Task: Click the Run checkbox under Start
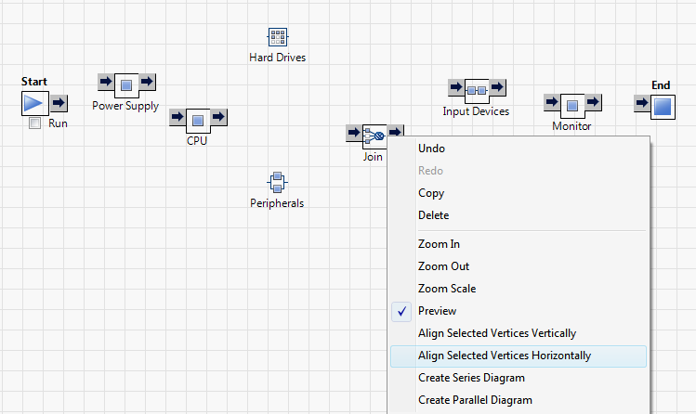(x=35, y=123)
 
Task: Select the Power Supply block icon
(x=127, y=86)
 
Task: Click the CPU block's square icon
(x=198, y=120)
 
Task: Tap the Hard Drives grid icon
(x=277, y=37)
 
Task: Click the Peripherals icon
(x=277, y=182)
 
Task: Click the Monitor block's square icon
(x=572, y=105)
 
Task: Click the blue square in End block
(x=662, y=106)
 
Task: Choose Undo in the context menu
(x=432, y=149)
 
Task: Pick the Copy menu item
(x=431, y=193)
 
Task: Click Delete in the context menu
(x=434, y=215)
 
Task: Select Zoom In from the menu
(x=439, y=244)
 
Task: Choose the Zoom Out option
(x=442, y=266)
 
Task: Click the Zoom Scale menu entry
(x=446, y=289)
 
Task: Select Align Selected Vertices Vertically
(x=496, y=333)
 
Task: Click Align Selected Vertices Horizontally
(x=504, y=356)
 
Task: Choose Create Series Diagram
(x=471, y=378)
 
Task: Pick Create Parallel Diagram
(x=475, y=400)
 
